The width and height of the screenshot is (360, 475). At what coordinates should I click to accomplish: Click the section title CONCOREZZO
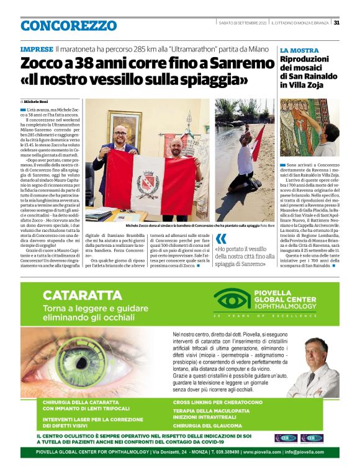[68, 25]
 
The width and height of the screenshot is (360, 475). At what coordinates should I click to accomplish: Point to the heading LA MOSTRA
[299, 50]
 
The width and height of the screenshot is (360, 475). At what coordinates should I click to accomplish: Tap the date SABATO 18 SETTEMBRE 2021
[243, 23]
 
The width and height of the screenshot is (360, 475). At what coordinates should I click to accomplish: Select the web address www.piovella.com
[260, 452]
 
